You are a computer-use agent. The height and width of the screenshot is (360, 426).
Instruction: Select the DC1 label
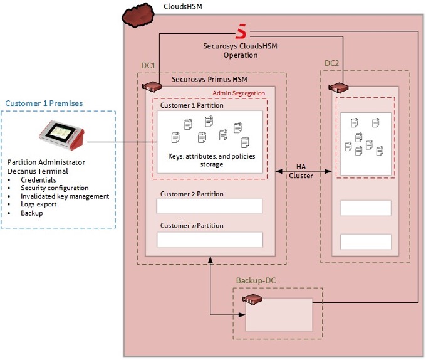[x=148, y=65]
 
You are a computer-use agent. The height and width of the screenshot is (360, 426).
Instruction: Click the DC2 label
[x=332, y=63]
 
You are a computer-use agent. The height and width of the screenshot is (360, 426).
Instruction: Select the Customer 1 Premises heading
[x=44, y=103]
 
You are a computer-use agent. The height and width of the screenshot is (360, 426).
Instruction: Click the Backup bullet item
[x=32, y=213]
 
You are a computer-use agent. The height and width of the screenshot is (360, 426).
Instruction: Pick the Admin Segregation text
[x=239, y=93]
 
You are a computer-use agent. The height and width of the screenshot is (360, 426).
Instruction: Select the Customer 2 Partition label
[x=192, y=194]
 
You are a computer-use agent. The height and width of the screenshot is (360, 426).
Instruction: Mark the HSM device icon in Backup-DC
[x=252, y=300]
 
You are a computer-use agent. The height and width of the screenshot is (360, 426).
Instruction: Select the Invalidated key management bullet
[x=65, y=196]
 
